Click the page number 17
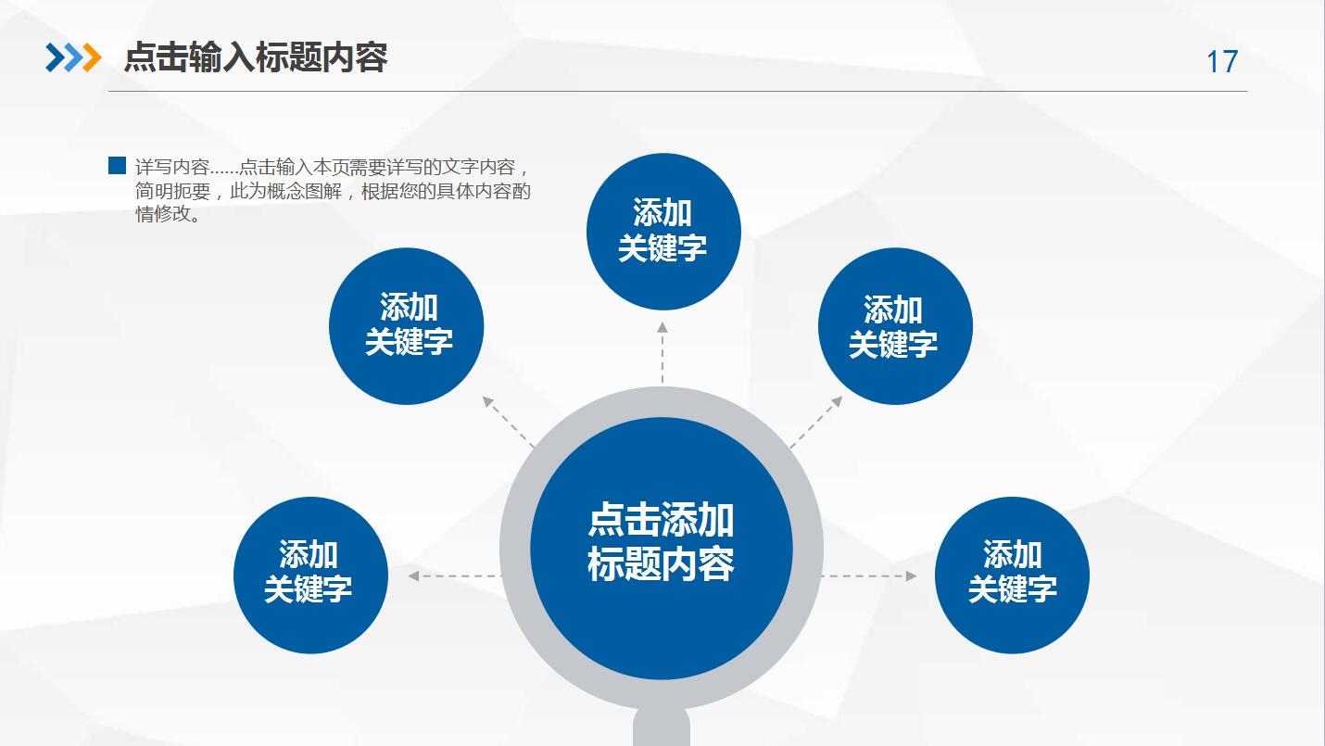point(1221,62)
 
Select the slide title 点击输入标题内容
point(255,57)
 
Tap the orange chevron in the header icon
point(92,57)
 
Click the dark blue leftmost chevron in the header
point(55,57)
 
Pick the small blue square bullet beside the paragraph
point(117,166)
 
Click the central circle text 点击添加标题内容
point(661,543)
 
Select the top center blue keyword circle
point(663,232)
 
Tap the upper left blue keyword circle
point(407,326)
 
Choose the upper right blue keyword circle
point(894,327)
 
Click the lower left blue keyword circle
point(309,574)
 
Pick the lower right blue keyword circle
point(1012,574)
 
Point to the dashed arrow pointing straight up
point(662,352)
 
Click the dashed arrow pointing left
point(454,575)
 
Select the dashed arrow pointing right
point(868,575)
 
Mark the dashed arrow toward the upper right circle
point(816,422)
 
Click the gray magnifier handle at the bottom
point(661,727)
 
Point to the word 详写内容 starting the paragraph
point(172,168)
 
